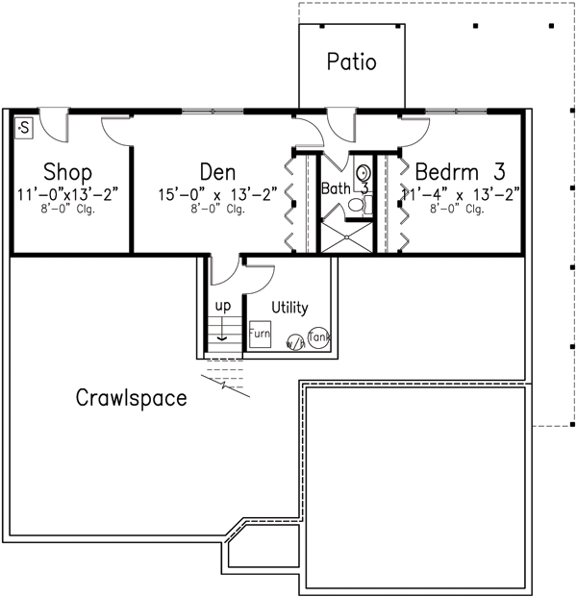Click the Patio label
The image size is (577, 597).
point(351,62)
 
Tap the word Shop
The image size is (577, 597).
point(67,173)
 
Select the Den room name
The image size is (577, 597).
point(218,173)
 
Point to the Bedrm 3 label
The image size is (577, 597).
point(460,173)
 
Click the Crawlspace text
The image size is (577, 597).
point(131,398)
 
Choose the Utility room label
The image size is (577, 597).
point(289,308)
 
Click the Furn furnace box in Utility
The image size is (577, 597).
point(260,335)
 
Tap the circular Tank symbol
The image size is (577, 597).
point(318,337)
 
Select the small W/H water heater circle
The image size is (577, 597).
point(293,340)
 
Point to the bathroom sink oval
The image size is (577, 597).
point(363,173)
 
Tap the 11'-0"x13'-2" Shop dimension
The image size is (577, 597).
point(67,193)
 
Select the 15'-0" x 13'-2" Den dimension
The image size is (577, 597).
point(218,193)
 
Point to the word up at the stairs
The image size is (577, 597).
point(222,306)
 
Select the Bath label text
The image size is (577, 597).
point(336,189)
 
